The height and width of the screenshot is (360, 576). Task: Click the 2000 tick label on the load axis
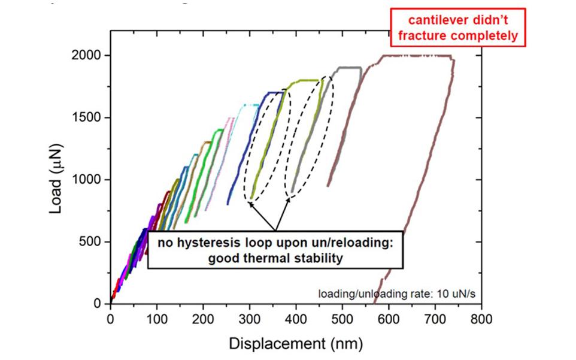coord(89,56)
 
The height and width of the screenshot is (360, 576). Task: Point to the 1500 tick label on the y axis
coord(89,118)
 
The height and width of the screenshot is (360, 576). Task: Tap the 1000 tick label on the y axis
coord(89,180)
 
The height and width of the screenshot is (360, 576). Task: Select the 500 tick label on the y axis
coord(92,242)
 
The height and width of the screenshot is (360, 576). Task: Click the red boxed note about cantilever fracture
coord(458,28)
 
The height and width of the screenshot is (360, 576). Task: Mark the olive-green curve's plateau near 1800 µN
coord(305,80)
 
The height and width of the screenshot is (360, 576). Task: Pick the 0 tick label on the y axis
coord(99,304)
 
